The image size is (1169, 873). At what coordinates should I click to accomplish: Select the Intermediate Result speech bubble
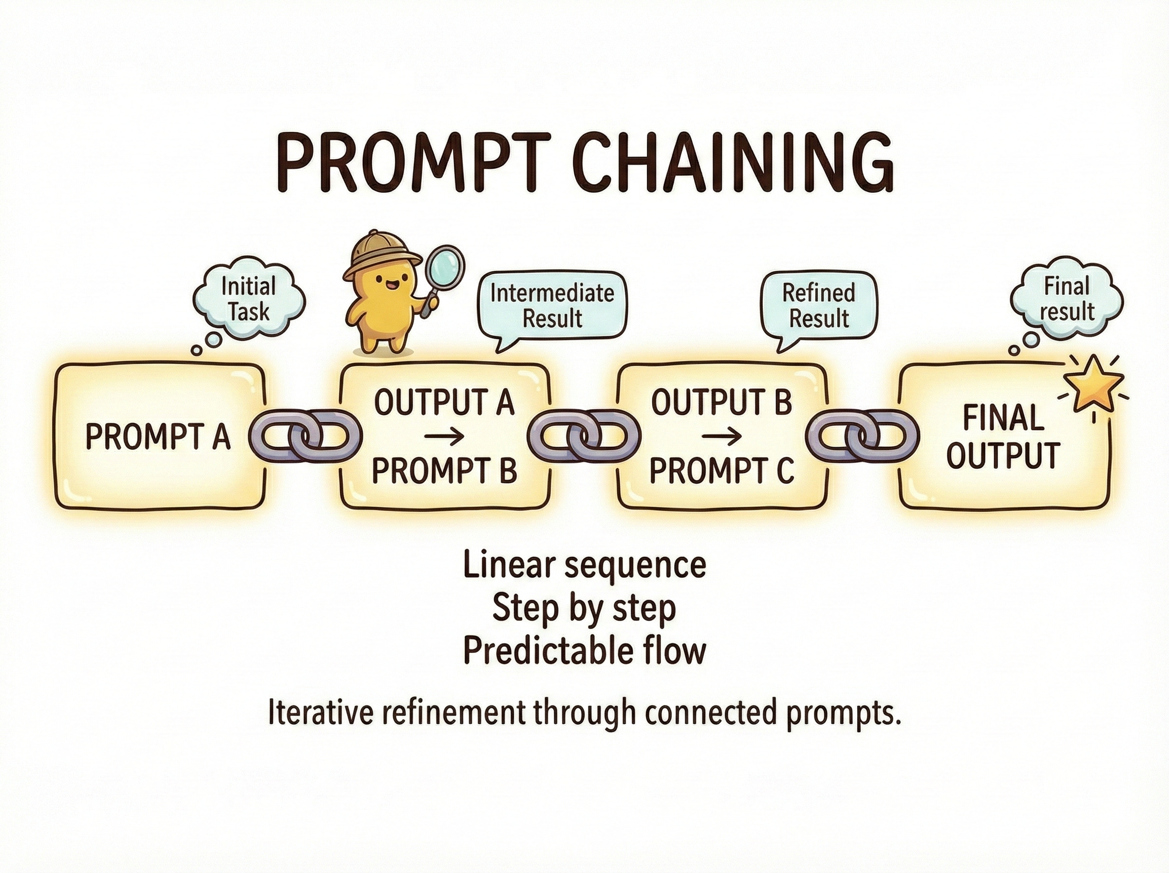pos(552,306)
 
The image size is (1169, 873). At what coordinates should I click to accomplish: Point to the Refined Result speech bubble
pos(818,306)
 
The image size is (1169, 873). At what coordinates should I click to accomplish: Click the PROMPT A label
pos(158,437)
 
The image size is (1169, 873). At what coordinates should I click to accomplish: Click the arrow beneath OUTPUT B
pos(721,436)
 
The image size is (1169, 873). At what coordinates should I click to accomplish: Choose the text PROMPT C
pos(721,470)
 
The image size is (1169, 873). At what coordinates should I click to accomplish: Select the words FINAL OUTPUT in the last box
pos(1003,436)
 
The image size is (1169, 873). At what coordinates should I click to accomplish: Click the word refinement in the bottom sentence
pos(454,713)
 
